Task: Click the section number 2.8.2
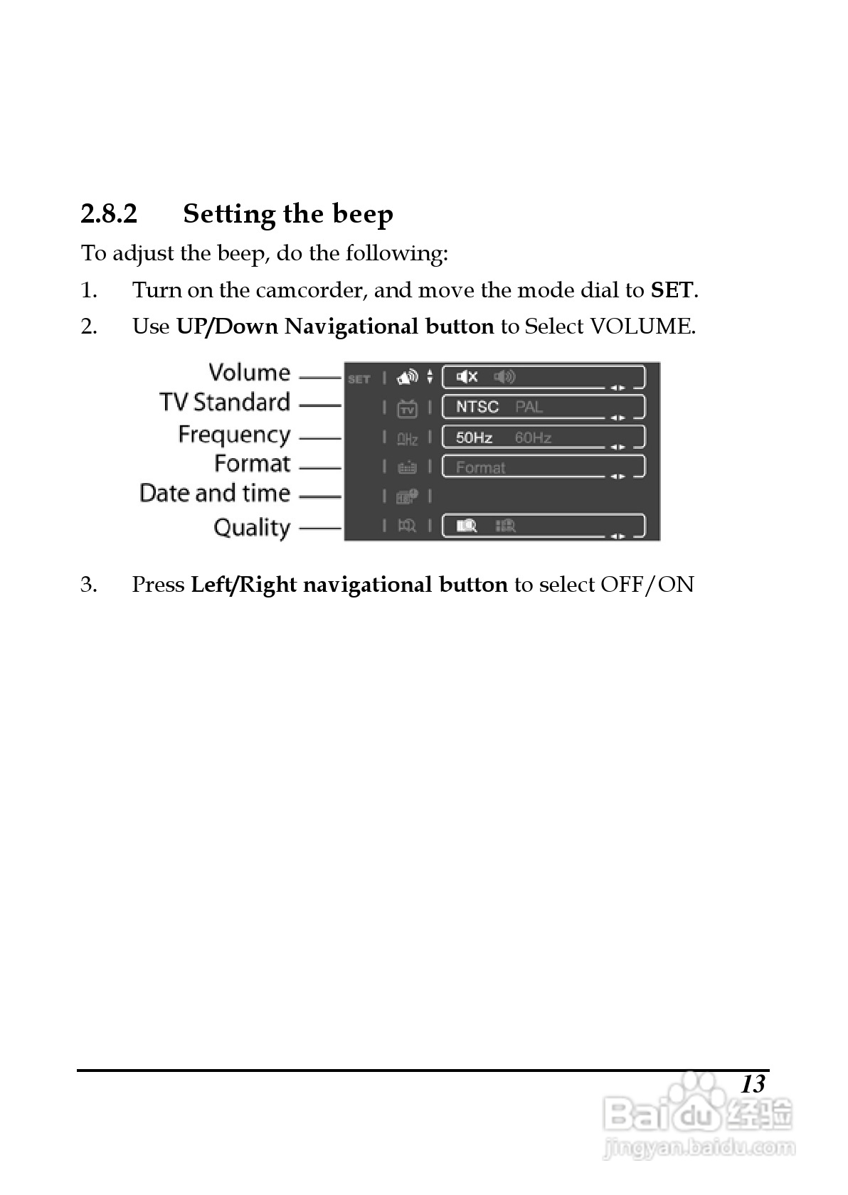[x=109, y=213]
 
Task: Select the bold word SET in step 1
[x=672, y=290]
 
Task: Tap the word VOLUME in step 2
[x=641, y=326]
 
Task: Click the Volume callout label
[x=249, y=373]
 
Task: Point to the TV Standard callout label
[x=225, y=403]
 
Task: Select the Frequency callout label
[x=234, y=435]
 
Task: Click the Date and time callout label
[x=215, y=493]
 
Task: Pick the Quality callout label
[x=252, y=528]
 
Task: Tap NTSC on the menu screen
[x=477, y=407]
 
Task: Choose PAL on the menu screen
[x=529, y=407]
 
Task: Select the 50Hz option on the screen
[x=474, y=437]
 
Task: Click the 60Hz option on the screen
[x=533, y=437]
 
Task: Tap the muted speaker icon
[x=467, y=377]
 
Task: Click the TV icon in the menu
[x=407, y=408]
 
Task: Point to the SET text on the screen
[x=359, y=379]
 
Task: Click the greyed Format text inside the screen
[x=480, y=467]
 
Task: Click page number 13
[x=753, y=1084]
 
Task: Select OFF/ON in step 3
[x=647, y=585]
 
